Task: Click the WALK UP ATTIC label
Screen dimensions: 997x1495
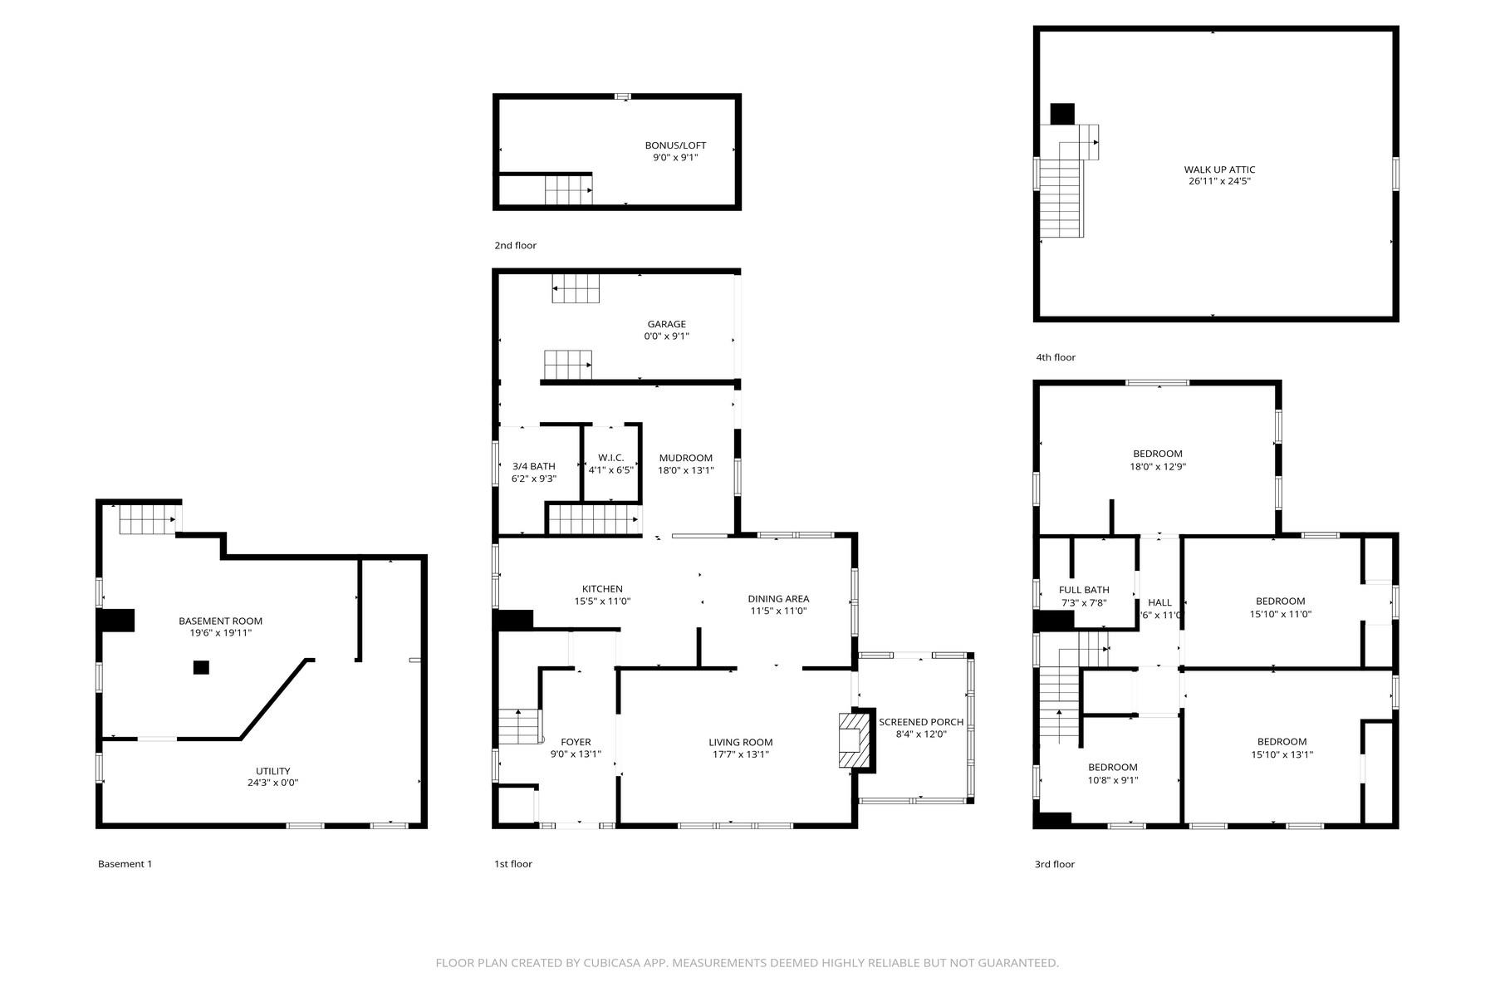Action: point(1219,169)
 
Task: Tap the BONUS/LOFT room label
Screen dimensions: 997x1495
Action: point(675,145)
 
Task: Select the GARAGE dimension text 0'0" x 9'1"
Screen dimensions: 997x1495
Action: point(666,336)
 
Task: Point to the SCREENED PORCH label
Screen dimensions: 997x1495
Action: point(921,722)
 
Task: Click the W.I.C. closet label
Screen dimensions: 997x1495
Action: point(610,458)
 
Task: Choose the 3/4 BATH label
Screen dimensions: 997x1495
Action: point(533,466)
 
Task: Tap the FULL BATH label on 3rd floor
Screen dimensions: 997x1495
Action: point(1084,590)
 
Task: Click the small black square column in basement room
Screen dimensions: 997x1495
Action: point(201,667)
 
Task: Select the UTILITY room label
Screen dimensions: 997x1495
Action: point(272,771)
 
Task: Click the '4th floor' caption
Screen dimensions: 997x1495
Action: point(1055,357)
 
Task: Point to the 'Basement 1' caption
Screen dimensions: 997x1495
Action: point(125,864)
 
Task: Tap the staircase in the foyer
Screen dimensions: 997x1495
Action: point(518,727)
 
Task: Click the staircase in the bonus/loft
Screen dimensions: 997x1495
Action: point(568,190)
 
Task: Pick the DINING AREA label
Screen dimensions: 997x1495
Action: point(778,598)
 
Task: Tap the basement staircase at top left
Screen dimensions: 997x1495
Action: point(148,520)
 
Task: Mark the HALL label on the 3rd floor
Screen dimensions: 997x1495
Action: point(1159,602)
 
